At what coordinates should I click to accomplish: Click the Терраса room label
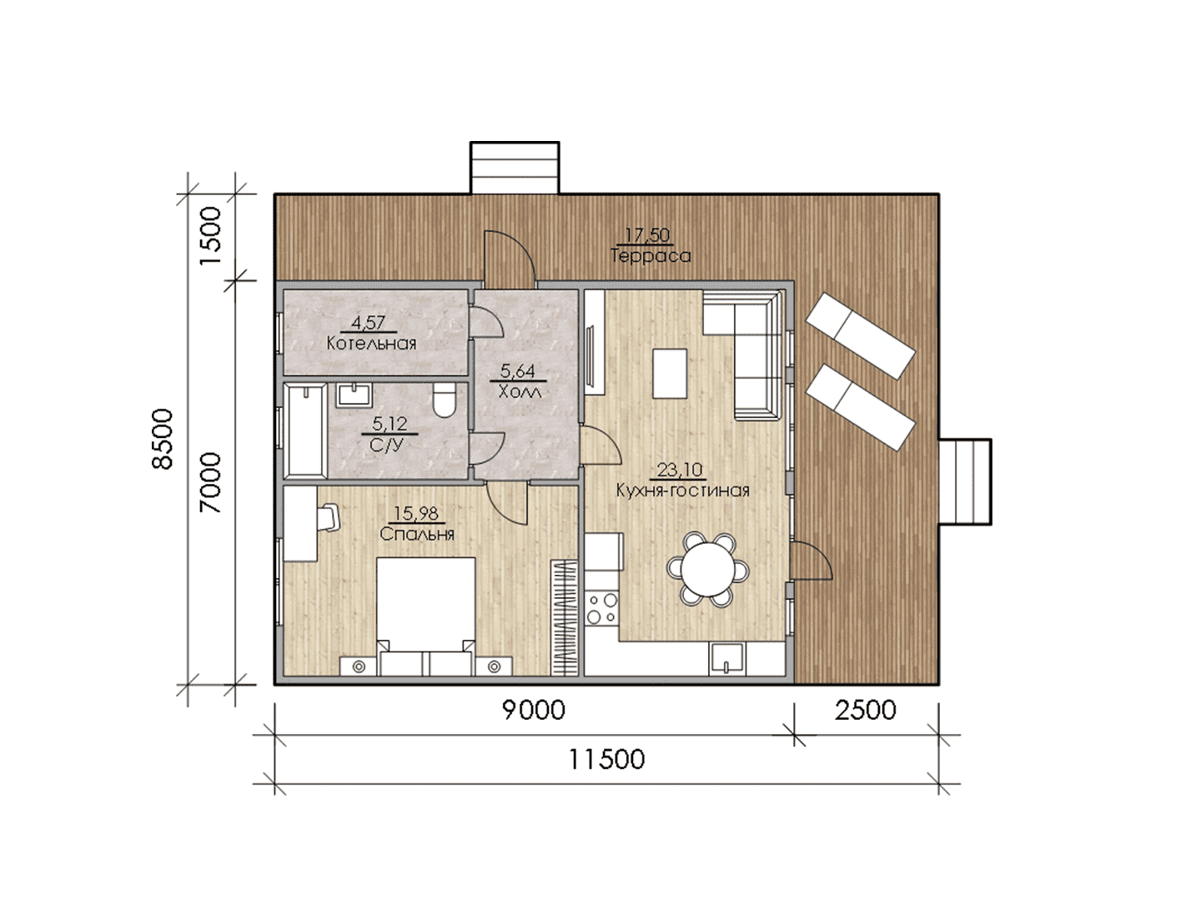[650, 255]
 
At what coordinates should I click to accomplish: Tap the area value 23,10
[680, 470]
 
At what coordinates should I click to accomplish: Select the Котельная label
[371, 344]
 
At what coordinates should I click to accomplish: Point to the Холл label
[520, 392]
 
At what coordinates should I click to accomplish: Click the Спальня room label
[417, 534]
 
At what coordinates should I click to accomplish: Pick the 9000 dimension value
[534, 710]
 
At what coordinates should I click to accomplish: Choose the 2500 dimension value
[866, 710]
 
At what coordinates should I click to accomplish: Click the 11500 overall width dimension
[607, 759]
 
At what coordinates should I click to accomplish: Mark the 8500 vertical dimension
[163, 439]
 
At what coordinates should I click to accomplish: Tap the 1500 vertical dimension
[210, 236]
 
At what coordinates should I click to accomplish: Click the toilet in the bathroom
[444, 400]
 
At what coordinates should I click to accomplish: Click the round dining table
[708, 570]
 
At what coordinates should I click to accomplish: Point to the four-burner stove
[602, 609]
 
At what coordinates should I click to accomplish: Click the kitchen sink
[726, 658]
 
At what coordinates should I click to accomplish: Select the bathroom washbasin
[354, 395]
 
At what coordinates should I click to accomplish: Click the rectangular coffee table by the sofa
[671, 374]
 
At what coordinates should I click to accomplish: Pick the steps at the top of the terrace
[515, 168]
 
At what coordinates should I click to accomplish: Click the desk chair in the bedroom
[329, 517]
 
